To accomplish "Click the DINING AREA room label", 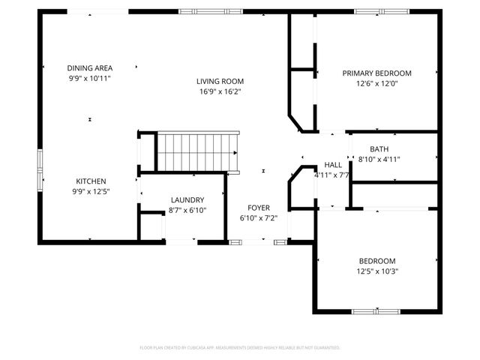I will coord(89,67).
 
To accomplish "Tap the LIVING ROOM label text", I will coord(220,81).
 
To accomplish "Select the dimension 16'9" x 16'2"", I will coord(220,91).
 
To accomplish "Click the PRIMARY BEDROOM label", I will coord(376,73).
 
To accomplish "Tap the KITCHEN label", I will coord(90,181).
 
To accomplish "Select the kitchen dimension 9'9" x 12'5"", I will coord(90,191).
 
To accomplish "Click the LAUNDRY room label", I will coord(187,199).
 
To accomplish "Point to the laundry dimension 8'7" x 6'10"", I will coord(187,210).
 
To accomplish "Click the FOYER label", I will coord(259,207).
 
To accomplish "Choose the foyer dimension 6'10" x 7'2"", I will coord(259,217).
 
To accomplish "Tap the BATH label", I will coord(379,148).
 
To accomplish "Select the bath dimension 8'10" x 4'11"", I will coord(379,159).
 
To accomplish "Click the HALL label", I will coord(333,165).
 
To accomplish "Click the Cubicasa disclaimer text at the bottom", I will coord(240,348).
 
